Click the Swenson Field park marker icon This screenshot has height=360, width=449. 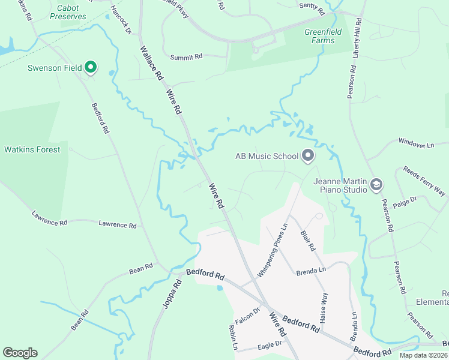coord(90,67)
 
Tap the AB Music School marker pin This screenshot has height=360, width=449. coord(308,157)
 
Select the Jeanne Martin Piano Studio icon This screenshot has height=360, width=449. coord(376,184)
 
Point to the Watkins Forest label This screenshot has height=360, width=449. coord(32,149)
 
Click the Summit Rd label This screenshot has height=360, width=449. coord(187,57)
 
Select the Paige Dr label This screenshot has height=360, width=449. coord(405,203)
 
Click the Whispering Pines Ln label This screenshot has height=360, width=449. coord(273,250)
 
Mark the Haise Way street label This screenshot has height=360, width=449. coord(324,308)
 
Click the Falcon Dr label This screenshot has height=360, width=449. coord(247,315)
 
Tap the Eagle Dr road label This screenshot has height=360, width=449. coord(270,344)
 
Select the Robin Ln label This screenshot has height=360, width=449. coord(234,338)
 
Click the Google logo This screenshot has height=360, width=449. coord(20,353)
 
